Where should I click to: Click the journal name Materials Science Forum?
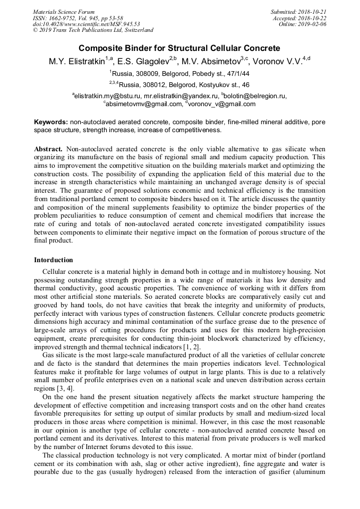tap(64, 12)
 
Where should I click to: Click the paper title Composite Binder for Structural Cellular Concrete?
tap(179, 48)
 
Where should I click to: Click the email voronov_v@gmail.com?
tap(222, 104)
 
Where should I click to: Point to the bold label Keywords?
tap(51, 122)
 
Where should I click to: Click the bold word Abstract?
tap(48, 150)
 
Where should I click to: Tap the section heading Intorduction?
tap(54, 260)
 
